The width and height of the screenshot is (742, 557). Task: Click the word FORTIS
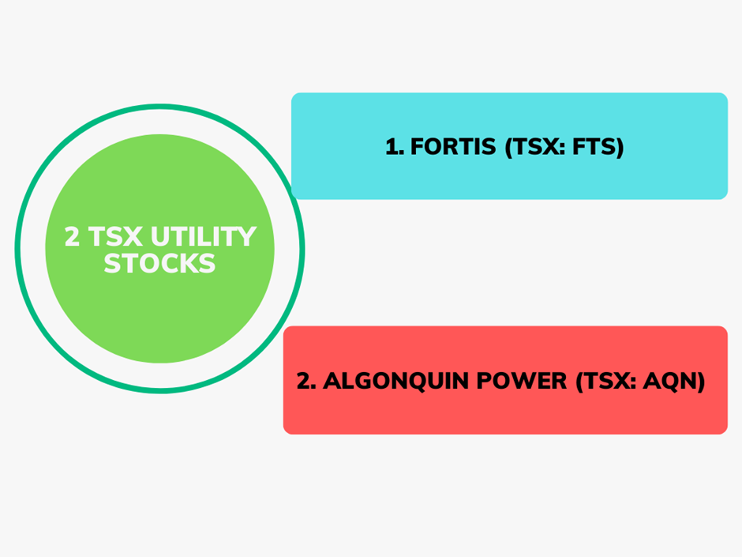pos(453,146)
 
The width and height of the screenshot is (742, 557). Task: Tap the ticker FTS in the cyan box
pos(593,146)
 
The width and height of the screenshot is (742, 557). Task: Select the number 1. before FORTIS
pos(395,146)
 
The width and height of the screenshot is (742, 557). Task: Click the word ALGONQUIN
pos(397,381)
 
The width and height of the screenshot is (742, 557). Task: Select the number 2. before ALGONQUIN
pos(306,381)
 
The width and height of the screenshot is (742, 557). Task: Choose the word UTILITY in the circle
pos(204,236)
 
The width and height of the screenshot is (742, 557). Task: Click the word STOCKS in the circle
pos(160,263)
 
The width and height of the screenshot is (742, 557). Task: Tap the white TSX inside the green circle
pos(115,236)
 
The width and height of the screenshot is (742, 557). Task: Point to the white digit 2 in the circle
pos(72,236)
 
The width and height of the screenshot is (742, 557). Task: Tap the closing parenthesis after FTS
pos(619,147)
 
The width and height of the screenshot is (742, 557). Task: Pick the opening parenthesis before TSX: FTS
pos(509,147)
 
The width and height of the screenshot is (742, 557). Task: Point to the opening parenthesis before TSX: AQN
pos(579,382)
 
